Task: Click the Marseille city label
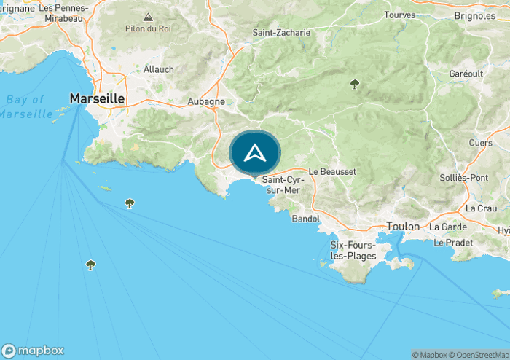(98, 98)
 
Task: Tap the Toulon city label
(403, 226)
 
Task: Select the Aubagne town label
(206, 101)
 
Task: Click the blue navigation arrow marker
(254, 154)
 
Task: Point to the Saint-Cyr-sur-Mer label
(281, 184)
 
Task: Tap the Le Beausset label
(332, 171)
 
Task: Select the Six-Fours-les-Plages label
(353, 251)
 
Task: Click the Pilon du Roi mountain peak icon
(149, 17)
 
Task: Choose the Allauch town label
(159, 69)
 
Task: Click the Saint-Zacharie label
(281, 33)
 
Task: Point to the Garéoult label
(467, 74)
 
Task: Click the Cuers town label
(481, 143)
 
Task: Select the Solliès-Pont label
(464, 178)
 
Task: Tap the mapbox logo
(33, 350)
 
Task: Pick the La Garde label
(447, 226)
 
